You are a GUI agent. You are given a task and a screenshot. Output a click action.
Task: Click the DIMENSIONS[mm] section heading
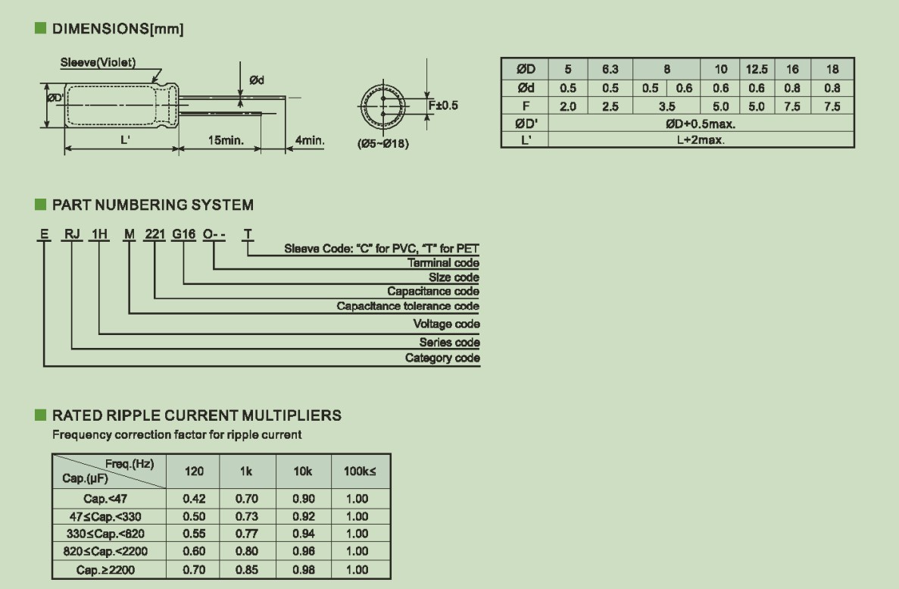point(117,30)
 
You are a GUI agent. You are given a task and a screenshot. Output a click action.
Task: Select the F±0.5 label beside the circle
point(443,105)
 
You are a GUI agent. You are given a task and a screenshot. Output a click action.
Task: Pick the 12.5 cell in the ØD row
point(756,69)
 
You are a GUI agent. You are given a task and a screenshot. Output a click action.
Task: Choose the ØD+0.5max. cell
point(700,125)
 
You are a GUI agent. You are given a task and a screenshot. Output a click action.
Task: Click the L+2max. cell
point(700,140)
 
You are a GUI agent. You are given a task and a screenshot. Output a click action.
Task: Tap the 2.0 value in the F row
point(568,107)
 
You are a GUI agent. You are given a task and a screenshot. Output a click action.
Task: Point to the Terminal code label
point(444,263)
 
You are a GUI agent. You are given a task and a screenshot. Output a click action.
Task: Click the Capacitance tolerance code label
point(407,306)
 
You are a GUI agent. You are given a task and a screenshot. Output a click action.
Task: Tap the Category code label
point(442,358)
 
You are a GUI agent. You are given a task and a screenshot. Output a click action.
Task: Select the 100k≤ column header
point(360,472)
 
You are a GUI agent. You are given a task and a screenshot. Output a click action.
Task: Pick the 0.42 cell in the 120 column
point(194,499)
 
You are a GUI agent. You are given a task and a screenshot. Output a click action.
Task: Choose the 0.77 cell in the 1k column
point(246,534)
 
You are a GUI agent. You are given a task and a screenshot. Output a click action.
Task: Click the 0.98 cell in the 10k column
point(303,569)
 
